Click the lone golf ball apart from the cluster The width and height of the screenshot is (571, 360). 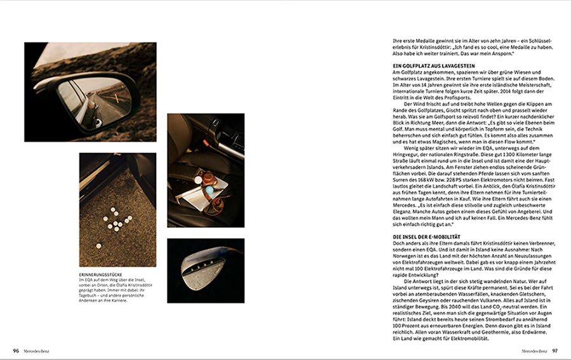click(98, 246)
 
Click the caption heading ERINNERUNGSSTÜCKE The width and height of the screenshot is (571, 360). click(101, 275)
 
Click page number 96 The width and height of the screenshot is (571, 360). click(16, 350)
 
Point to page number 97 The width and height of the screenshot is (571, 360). click(555, 350)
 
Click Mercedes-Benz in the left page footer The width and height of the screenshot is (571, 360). click(36, 350)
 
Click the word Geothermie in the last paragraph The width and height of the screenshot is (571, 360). click(492, 333)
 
